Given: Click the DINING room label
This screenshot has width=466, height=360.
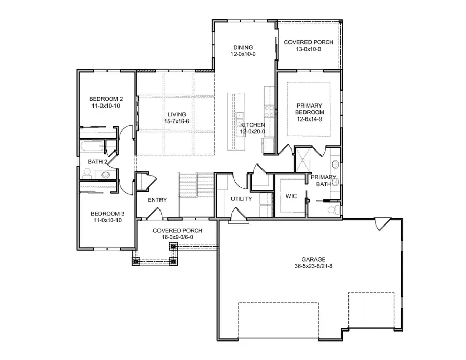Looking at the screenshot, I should pyautogui.click(x=243, y=47).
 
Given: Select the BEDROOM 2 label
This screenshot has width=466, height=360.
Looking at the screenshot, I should pyautogui.click(x=106, y=99).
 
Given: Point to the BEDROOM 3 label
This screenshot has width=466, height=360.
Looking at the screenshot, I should pyautogui.click(x=107, y=213).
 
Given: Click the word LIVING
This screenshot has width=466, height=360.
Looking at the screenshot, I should pyautogui.click(x=176, y=114).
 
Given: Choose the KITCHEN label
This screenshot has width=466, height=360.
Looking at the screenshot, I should pyautogui.click(x=253, y=125).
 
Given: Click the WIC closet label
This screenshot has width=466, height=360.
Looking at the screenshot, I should pyautogui.click(x=290, y=196).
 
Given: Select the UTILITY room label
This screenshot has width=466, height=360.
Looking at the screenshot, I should pyautogui.click(x=241, y=199).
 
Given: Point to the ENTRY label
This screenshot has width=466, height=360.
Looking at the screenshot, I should pyautogui.click(x=157, y=200).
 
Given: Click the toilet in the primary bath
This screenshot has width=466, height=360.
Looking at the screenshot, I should pyautogui.click(x=334, y=209).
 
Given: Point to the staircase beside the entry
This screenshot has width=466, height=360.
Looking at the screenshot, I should pyautogui.click(x=196, y=194).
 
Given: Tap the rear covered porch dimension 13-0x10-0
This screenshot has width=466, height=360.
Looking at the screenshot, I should pyautogui.click(x=309, y=49).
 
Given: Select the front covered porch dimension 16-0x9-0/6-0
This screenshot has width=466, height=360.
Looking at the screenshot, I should pyautogui.click(x=177, y=237).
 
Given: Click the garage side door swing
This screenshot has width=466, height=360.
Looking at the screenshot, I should pyautogui.click(x=381, y=223).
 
